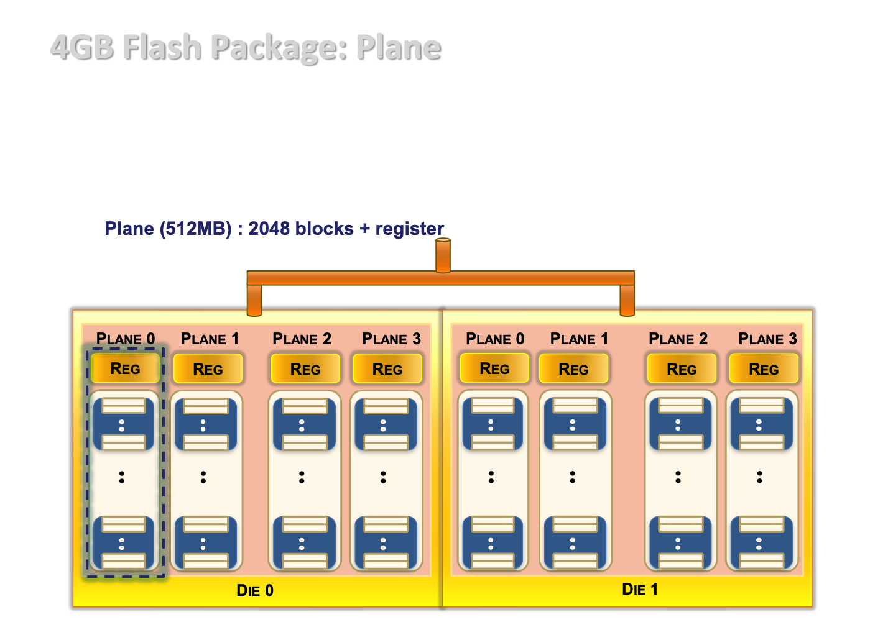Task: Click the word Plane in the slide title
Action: point(398,47)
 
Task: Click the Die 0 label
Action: point(255,590)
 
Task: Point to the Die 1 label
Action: point(640,589)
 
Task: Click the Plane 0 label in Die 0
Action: point(126,339)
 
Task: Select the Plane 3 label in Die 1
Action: point(767,339)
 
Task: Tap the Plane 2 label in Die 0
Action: point(302,339)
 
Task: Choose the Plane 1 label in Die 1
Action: point(579,339)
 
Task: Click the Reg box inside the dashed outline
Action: point(125,368)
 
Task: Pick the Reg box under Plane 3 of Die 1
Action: point(764,368)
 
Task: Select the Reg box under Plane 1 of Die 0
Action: point(208,368)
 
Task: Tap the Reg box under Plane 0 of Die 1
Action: point(494,368)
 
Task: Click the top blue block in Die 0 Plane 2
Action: point(304,424)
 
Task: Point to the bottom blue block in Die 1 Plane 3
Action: point(762,542)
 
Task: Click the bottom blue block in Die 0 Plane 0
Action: point(123,542)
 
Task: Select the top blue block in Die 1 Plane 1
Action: point(575,424)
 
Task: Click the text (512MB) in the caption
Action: point(195,229)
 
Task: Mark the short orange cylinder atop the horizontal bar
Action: point(443,255)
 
